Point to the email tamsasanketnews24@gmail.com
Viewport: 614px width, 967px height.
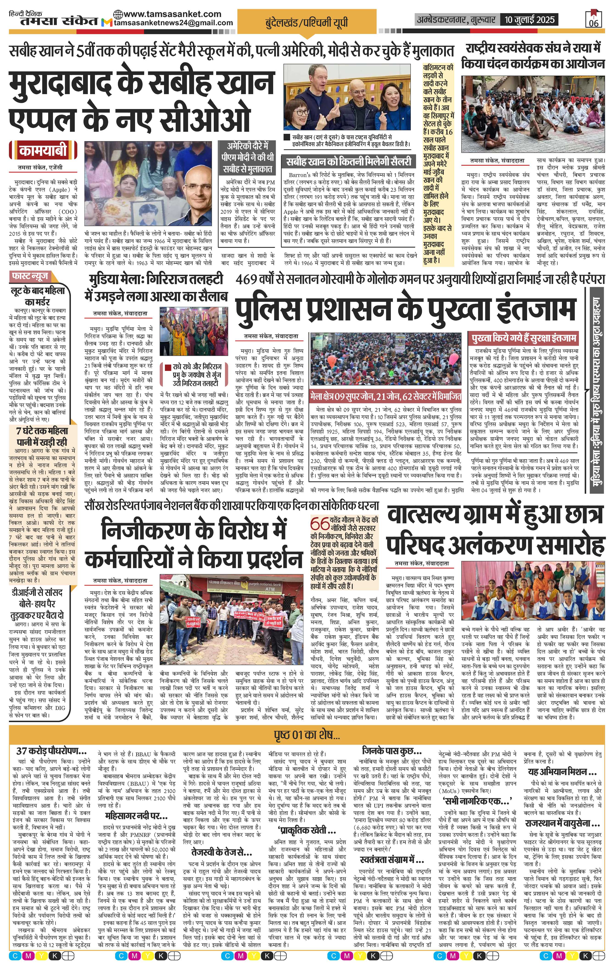pyautogui.click(x=173, y=23)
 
